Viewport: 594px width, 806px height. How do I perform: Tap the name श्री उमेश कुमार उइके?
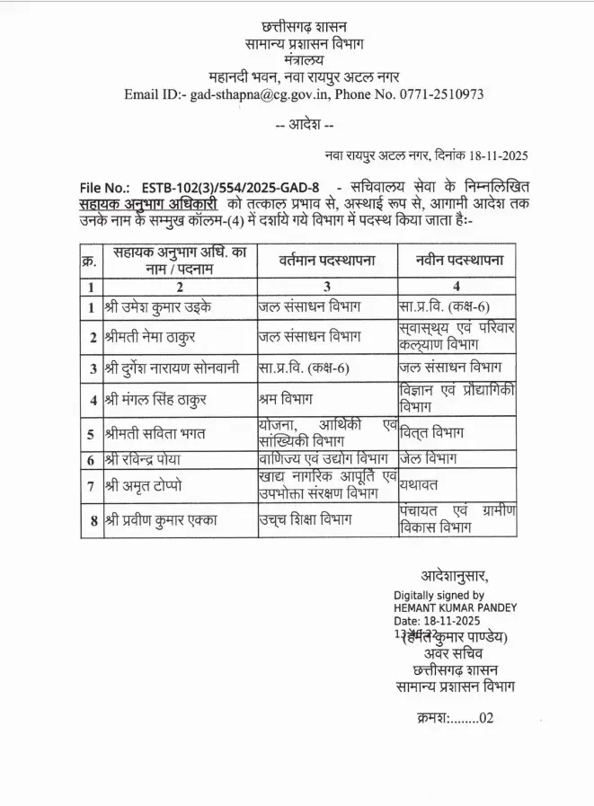(x=154, y=307)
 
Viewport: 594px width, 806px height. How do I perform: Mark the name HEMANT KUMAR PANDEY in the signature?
(x=455, y=607)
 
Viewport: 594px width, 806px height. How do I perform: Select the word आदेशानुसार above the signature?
(x=455, y=576)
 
